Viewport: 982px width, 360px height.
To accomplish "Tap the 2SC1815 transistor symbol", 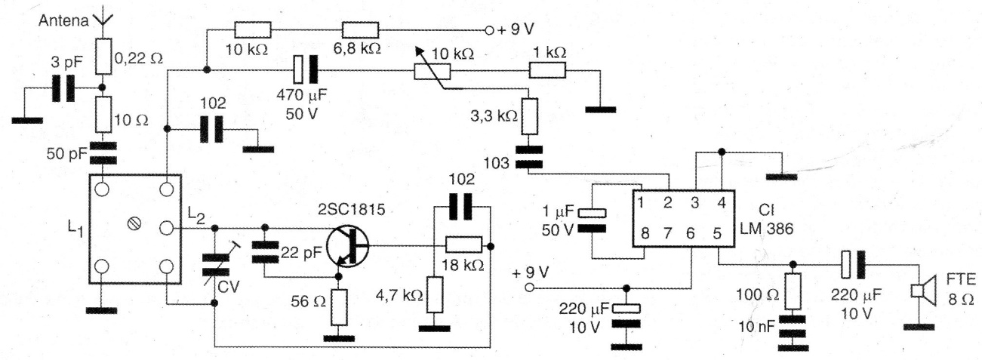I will coord(349,245).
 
